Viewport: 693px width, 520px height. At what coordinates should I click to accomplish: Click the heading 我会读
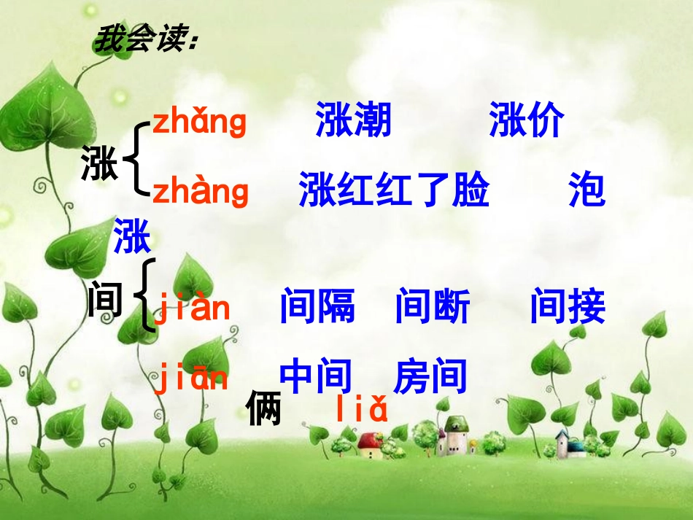tap(145, 40)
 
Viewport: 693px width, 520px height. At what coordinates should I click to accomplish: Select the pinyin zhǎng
tap(199, 122)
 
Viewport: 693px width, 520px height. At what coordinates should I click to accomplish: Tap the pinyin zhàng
tap(201, 191)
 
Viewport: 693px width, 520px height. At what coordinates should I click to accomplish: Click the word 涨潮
tap(353, 120)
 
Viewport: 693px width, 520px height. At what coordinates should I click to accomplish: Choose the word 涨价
tap(527, 120)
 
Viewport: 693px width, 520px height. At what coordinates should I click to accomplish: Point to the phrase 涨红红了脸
tap(394, 191)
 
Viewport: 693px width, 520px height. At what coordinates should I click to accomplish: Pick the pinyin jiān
tap(191, 379)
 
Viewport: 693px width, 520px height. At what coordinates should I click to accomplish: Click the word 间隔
tap(317, 307)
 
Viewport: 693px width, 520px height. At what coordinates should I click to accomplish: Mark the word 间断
tap(433, 307)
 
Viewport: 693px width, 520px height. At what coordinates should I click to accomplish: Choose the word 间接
tap(568, 307)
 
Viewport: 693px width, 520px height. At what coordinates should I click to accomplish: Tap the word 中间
tap(317, 377)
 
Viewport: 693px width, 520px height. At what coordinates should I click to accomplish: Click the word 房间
tap(430, 377)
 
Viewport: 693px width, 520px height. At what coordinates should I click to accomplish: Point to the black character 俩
tap(263, 409)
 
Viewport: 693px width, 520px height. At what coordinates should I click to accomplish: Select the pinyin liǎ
tap(362, 411)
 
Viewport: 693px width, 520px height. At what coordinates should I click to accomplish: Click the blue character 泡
tap(586, 191)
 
